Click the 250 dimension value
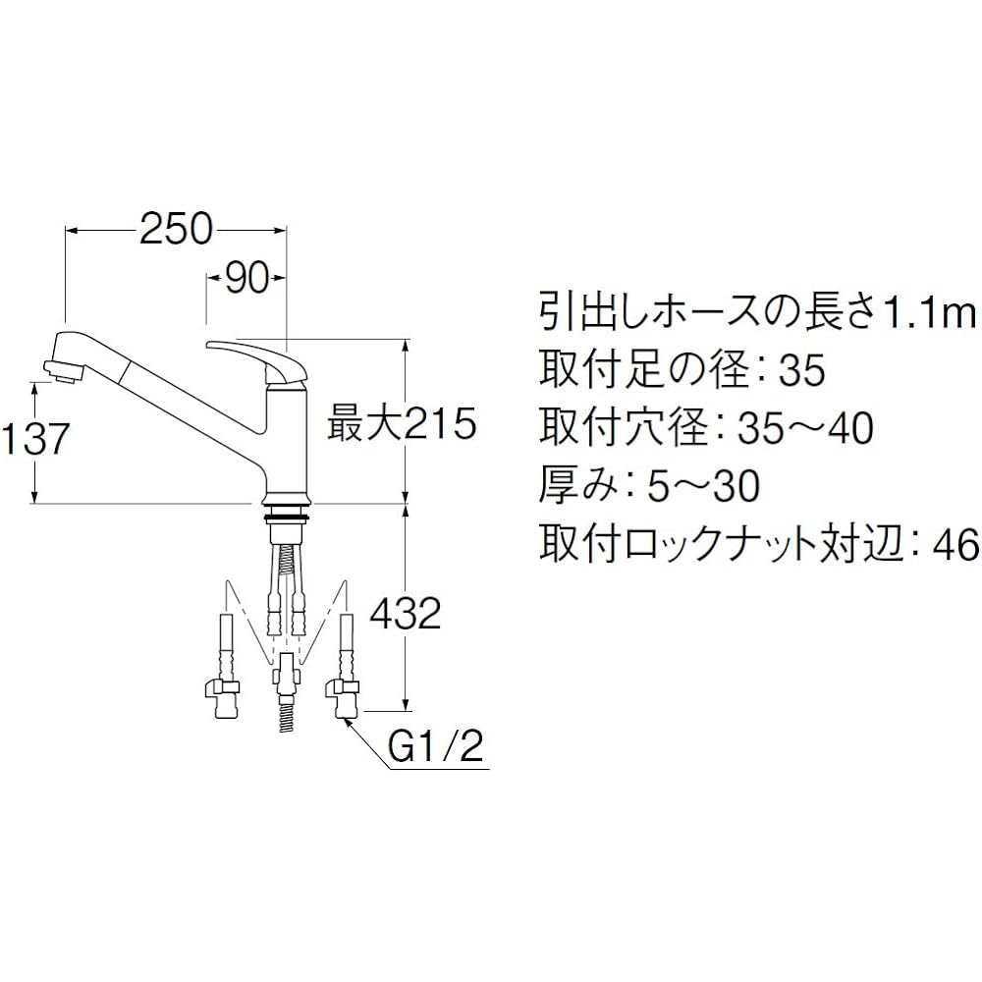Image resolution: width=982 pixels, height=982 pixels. pos(176,229)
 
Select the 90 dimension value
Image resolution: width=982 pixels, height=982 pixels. pos(246,280)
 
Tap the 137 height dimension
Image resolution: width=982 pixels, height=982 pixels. pos(35,440)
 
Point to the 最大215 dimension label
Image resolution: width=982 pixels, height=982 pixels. pos(401,424)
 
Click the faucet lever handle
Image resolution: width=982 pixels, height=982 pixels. pos(259,355)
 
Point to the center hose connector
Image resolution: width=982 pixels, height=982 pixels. pos(286,678)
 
